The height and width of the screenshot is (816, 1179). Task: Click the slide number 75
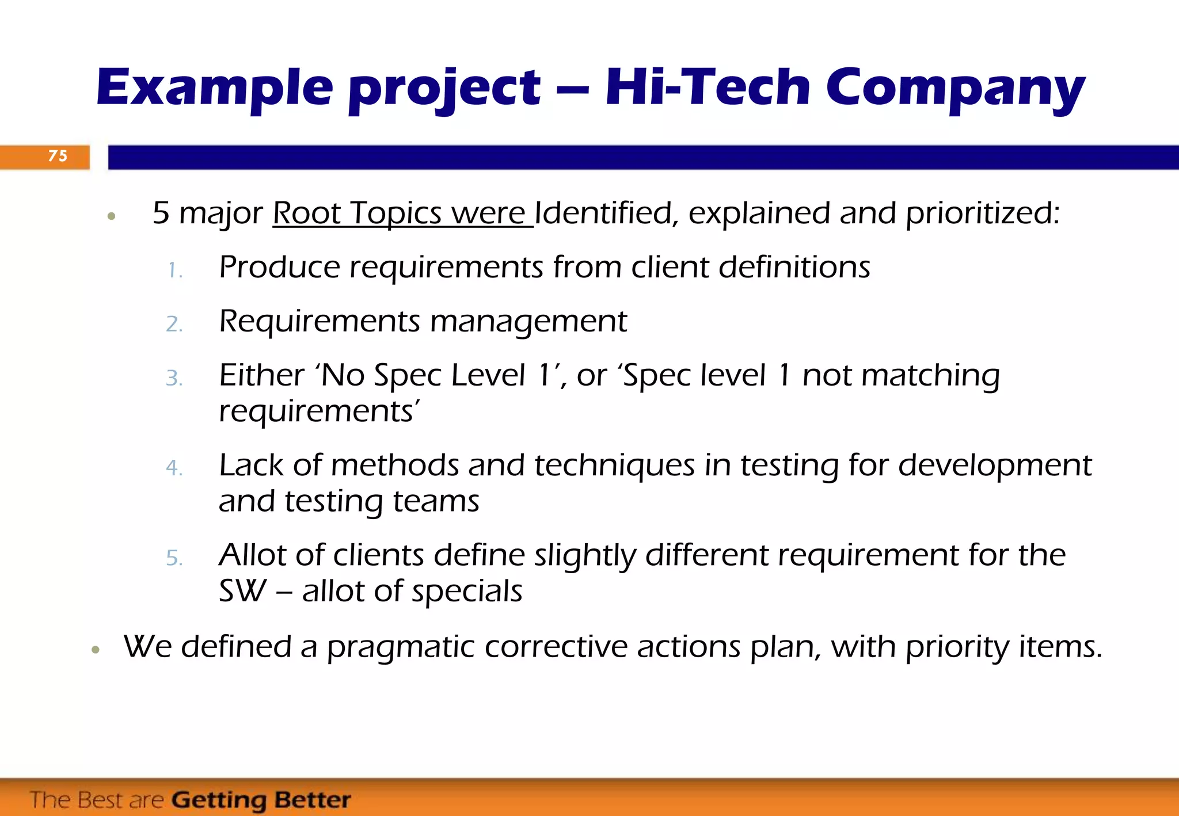[58, 156]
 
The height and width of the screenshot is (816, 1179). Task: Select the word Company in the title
[956, 89]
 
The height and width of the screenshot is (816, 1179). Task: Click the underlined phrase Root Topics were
[402, 213]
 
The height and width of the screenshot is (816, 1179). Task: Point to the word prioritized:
[982, 213]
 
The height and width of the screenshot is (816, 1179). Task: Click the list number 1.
[174, 270]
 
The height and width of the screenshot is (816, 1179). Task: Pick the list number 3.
[174, 379]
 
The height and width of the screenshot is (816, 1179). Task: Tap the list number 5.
[174, 558]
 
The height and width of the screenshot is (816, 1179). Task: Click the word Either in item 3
[261, 375]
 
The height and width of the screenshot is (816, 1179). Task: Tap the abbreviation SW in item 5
[242, 591]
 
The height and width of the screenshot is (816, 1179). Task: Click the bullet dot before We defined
[96, 650]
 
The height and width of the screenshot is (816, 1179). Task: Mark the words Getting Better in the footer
[261, 800]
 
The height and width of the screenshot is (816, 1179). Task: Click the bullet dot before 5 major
[112, 217]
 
